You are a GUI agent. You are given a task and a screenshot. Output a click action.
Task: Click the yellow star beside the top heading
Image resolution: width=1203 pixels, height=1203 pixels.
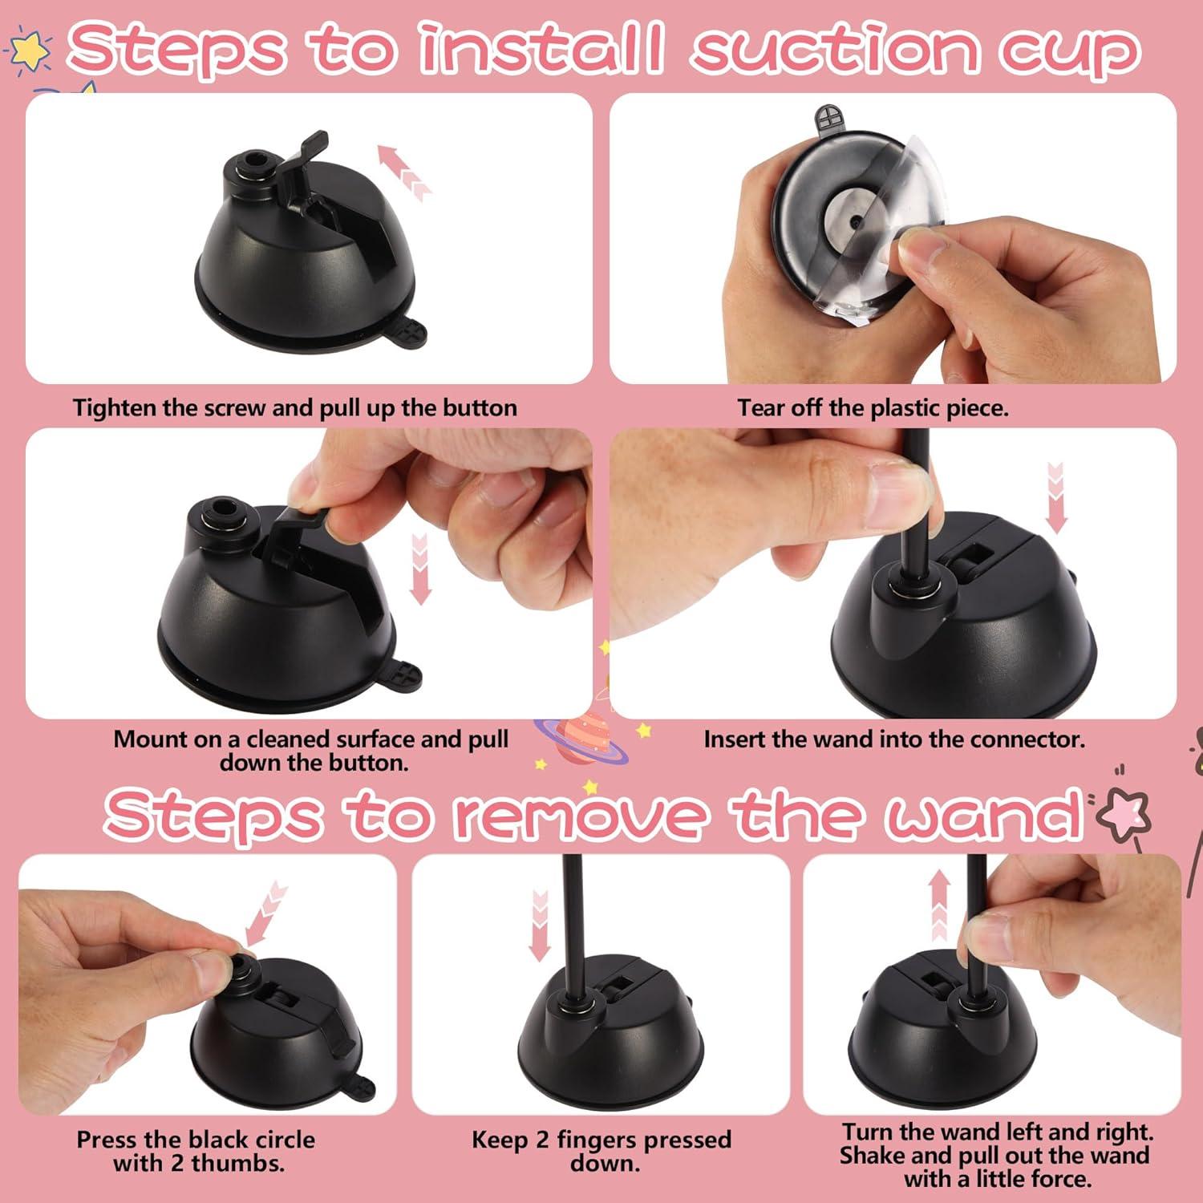[30, 50]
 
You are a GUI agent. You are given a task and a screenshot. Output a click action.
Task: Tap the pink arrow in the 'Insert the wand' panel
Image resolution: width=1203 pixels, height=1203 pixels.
[1055, 497]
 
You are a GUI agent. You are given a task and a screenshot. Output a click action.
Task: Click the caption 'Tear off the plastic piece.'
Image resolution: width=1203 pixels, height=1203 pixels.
[873, 408]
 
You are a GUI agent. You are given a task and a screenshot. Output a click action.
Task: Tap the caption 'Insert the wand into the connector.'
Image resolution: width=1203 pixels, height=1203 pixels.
[893, 739]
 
